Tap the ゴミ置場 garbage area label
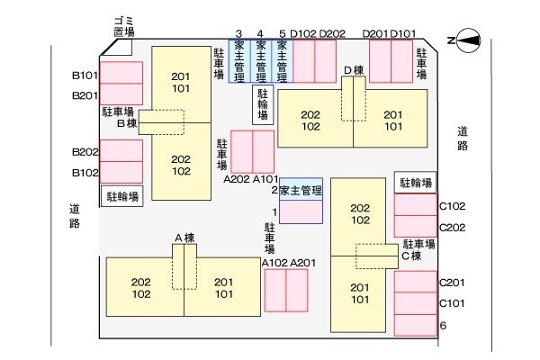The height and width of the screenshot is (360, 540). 124,25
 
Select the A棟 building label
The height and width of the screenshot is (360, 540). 184,238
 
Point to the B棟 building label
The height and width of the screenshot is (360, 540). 126,124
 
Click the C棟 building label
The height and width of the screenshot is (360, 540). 411,256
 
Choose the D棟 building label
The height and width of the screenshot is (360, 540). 353,70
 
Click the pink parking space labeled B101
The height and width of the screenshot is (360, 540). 121,72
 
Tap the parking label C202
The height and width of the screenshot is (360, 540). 452,227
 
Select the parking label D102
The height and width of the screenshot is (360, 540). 302,33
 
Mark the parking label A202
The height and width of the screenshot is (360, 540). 237,179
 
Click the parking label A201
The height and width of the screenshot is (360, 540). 302,263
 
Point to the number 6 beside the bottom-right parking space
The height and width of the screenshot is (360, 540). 443,325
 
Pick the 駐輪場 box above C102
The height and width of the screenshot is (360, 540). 416,183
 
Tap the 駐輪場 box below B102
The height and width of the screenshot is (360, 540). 122,195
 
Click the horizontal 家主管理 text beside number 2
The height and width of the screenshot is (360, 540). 301,190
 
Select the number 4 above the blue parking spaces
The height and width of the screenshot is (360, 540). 260,33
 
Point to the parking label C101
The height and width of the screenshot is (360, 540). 452,303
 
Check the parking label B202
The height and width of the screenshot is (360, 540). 85,151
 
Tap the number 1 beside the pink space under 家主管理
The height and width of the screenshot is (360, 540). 274,211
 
